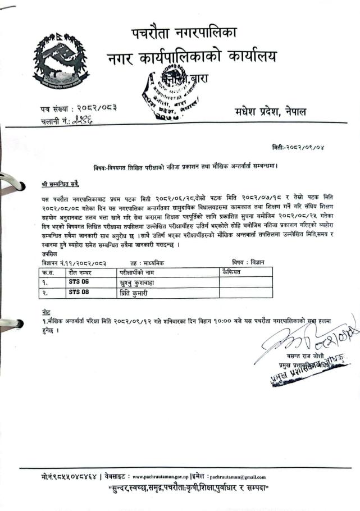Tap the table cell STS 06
coord(79,282)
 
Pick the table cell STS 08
coord(79,292)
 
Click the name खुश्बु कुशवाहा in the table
coord(135,282)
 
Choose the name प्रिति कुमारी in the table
coord(131,293)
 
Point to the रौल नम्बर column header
coord(80,272)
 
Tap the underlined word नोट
coord(45,311)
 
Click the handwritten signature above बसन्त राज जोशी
coord(304,340)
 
